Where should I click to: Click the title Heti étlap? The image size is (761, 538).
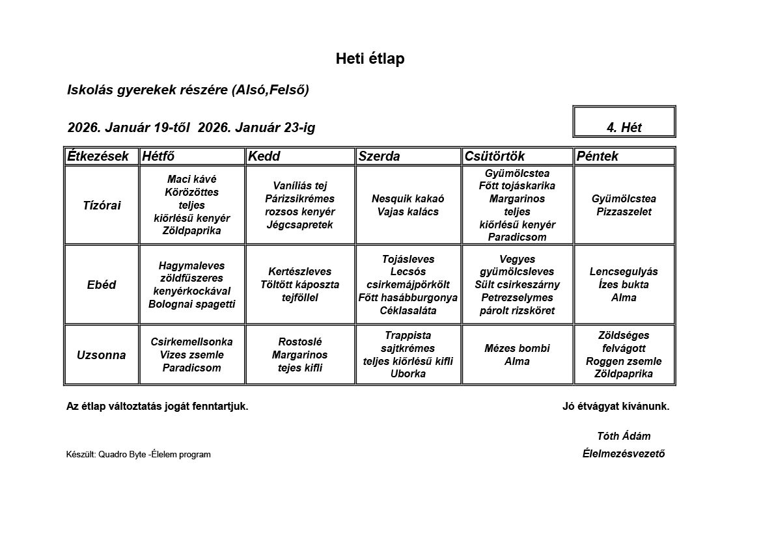tap(370, 59)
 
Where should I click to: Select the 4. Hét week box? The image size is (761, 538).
tap(624, 128)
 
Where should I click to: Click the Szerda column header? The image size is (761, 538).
tap(380, 156)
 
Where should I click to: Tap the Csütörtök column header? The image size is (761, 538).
tap(495, 156)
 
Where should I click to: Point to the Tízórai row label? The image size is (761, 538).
tap(102, 206)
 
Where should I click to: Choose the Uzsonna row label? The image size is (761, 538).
tap(102, 355)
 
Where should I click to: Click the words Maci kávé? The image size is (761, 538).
tap(192, 180)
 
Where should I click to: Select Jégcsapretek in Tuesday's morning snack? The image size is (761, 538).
tap(299, 225)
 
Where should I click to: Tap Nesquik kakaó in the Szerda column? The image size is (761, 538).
tap(408, 199)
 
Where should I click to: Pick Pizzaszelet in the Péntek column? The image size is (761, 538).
tap(624, 212)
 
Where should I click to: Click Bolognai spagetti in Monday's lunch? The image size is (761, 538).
tap(192, 304)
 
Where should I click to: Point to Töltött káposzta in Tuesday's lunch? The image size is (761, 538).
tap(299, 285)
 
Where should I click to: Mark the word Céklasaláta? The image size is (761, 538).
tap(408, 310)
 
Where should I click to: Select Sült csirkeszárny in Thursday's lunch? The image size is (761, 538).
tap(517, 285)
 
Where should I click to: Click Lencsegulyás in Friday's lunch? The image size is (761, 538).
tap(624, 272)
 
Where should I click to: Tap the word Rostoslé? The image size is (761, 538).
tap(299, 342)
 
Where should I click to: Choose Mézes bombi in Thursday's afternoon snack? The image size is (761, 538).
tap(517, 349)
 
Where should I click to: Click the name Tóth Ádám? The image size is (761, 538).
tap(624, 436)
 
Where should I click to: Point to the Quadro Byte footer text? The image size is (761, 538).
tap(139, 455)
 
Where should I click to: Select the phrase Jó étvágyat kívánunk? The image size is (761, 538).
tap(616, 407)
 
